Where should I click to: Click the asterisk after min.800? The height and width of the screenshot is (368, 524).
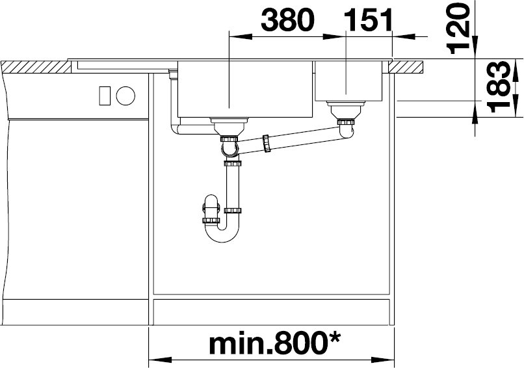click(x=333, y=337)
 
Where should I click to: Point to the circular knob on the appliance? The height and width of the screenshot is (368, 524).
click(x=125, y=96)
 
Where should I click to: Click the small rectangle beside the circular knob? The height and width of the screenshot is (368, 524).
click(x=104, y=96)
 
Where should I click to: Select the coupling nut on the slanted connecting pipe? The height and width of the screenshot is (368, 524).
click(x=267, y=144)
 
